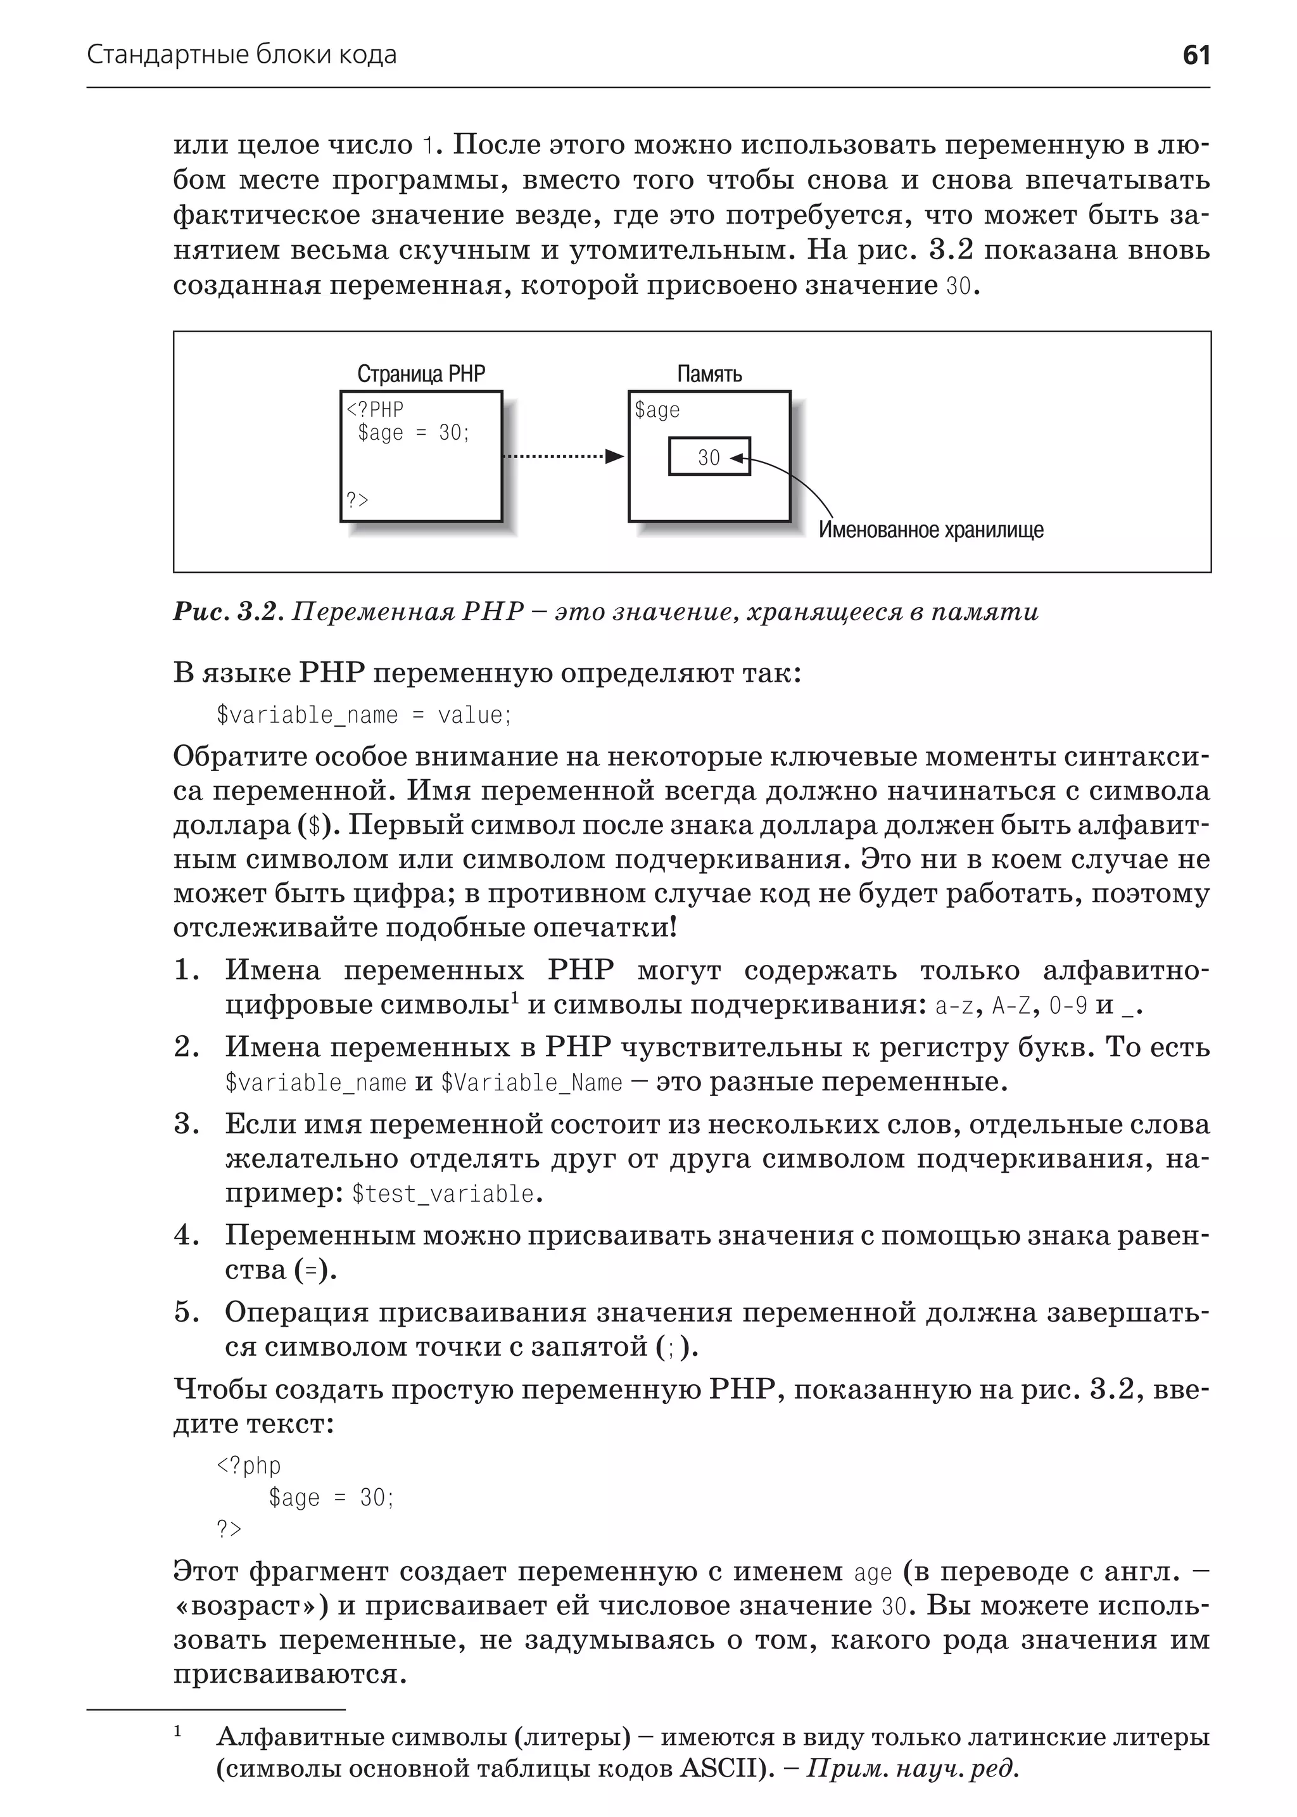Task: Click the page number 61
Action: point(1196,55)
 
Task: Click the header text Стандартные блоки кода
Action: point(241,55)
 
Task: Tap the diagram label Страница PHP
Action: point(421,374)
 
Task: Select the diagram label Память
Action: point(709,374)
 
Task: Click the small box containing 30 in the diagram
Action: point(709,457)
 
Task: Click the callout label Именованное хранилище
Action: point(930,530)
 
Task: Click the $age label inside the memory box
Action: point(657,410)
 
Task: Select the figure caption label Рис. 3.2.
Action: point(227,612)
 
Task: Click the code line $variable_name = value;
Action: point(364,715)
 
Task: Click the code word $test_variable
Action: point(443,1194)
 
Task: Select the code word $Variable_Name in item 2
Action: point(531,1083)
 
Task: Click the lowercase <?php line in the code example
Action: point(248,1465)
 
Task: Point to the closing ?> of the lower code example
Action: point(229,1529)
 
